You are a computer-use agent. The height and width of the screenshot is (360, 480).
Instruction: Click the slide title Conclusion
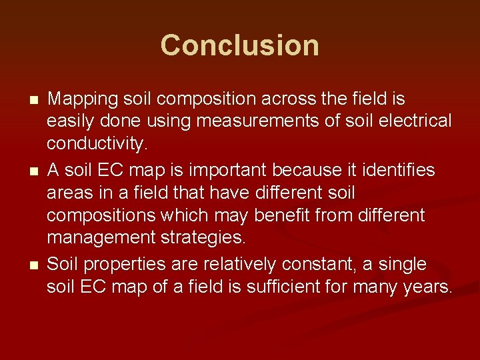click(239, 45)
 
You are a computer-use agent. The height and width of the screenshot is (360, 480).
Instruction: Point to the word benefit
click(311, 215)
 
